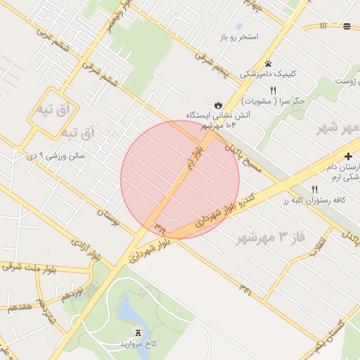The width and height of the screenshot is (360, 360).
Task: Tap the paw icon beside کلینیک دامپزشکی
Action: (x=268, y=54)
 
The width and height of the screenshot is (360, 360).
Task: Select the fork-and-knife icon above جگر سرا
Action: (x=273, y=89)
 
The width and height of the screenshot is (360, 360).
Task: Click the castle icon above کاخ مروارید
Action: (x=138, y=333)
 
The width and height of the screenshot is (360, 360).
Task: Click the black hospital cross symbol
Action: (x=348, y=155)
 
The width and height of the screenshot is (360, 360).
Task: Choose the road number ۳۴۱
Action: (x=245, y=288)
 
